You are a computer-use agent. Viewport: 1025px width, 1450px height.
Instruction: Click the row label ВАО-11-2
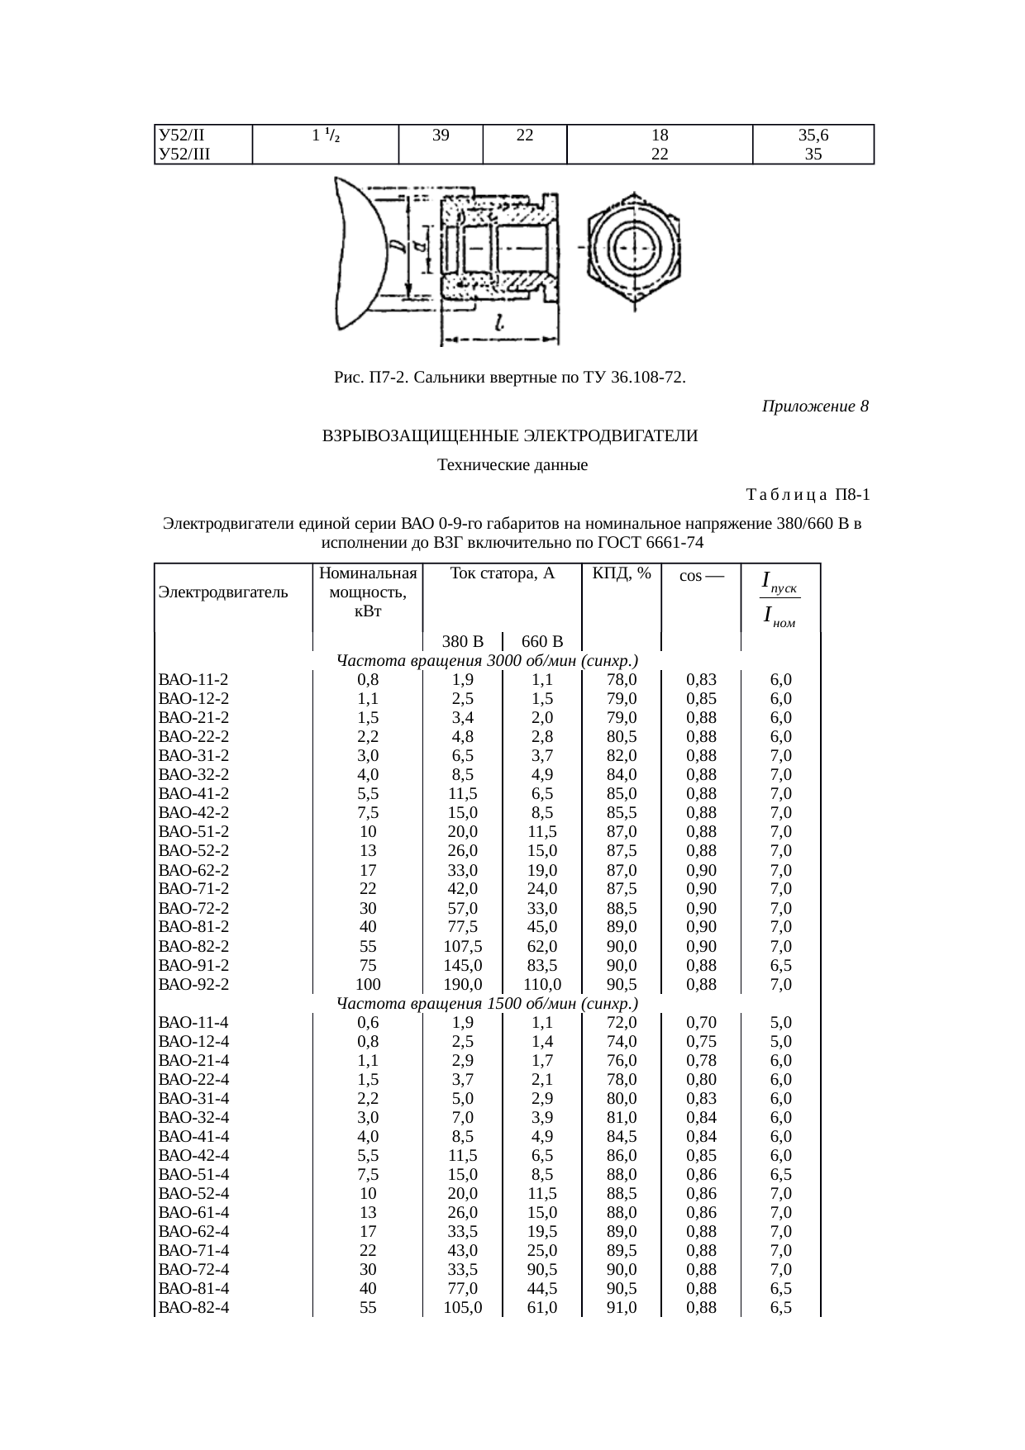[193, 680]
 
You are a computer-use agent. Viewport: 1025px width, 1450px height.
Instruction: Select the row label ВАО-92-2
[193, 984]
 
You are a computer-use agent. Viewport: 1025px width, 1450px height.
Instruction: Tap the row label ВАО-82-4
[193, 1307]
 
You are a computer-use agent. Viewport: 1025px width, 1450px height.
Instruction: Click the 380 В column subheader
[462, 642]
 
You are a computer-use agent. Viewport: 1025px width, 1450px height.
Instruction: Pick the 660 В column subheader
[542, 642]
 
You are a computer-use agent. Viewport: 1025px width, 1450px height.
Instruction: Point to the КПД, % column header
[622, 573]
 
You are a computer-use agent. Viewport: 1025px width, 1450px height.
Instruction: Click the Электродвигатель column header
[223, 592]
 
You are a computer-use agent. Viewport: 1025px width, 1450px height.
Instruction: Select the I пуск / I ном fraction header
[779, 599]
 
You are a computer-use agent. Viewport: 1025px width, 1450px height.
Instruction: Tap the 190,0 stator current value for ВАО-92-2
[462, 984]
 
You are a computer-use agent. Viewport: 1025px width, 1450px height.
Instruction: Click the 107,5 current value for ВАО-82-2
[462, 946]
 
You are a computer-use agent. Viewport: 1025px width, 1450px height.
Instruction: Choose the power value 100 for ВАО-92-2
[368, 984]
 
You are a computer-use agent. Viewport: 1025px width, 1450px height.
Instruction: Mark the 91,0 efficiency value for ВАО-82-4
[622, 1307]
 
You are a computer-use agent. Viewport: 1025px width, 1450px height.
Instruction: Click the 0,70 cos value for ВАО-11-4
[701, 1022]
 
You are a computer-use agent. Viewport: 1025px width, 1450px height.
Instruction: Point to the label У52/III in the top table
[184, 154]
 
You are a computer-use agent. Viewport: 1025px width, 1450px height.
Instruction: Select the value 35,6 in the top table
[813, 135]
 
